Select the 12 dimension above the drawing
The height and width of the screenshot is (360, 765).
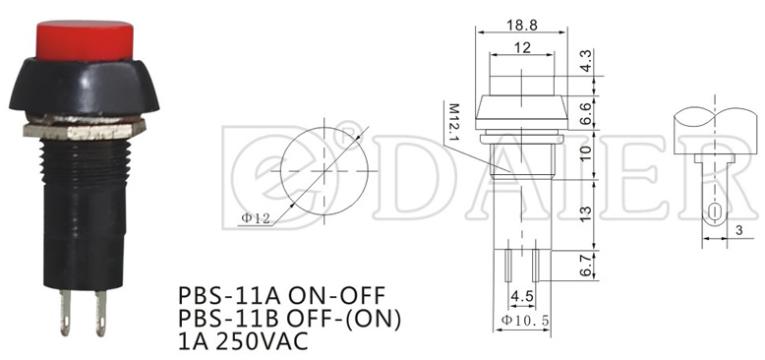pyautogui.click(x=521, y=48)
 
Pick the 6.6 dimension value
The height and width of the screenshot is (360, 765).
pyautogui.click(x=585, y=109)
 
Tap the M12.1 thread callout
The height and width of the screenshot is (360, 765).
pyautogui.click(x=455, y=122)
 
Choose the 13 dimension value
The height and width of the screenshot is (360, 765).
pyautogui.click(x=585, y=212)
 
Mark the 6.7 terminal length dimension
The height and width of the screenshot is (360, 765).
pyautogui.click(x=585, y=265)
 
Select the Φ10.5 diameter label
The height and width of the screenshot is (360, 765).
pyautogui.click(x=523, y=322)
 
